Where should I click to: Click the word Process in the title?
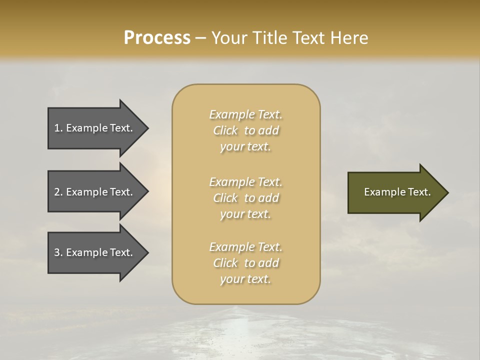[x=157, y=38]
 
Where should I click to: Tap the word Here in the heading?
[x=348, y=38]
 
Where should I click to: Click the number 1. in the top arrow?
[x=58, y=128]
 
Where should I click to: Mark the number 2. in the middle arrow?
[x=58, y=192]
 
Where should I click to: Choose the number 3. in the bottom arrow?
[x=58, y=252]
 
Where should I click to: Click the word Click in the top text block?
[x=225, y=130]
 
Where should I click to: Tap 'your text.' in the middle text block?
[x=245, y=214]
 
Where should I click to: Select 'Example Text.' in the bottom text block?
[x=245, y=247]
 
